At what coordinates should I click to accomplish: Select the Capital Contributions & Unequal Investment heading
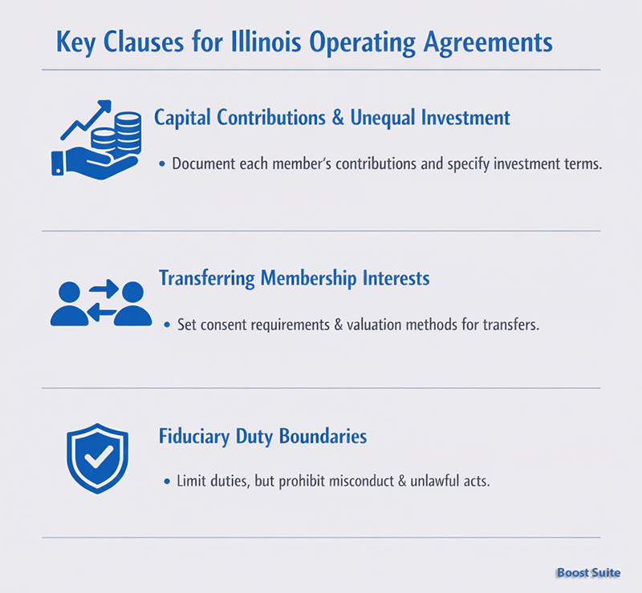332,118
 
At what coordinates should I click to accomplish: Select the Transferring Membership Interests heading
294,278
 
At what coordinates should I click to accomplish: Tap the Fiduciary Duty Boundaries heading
262,437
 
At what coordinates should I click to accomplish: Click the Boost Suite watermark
587,573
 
